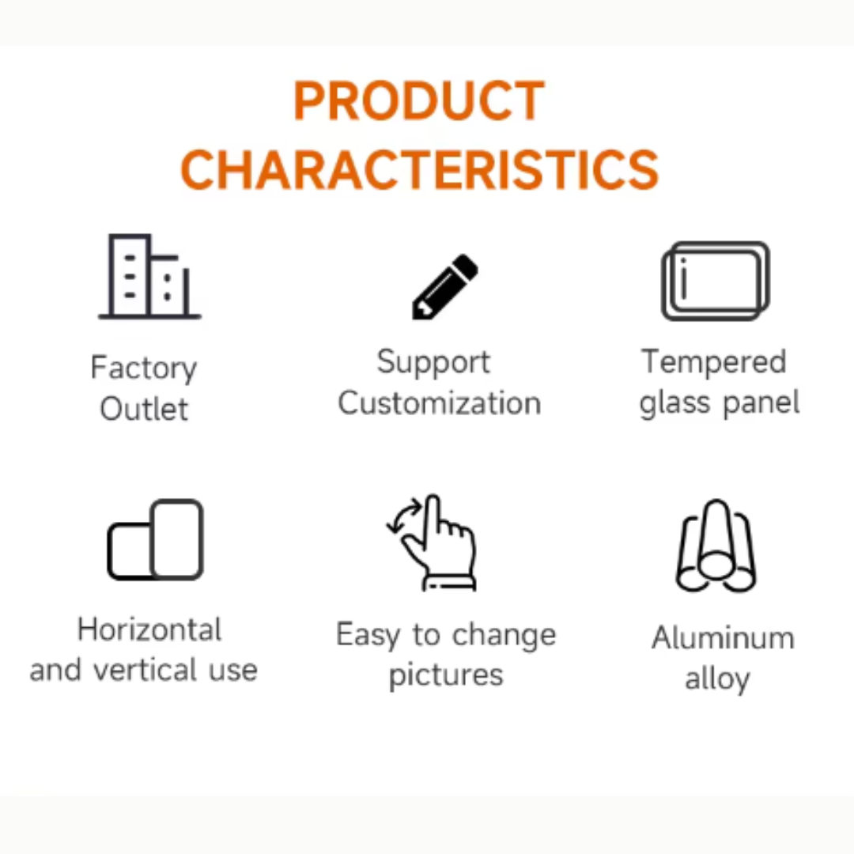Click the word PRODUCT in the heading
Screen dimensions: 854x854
419,100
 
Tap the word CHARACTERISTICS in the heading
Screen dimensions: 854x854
419,170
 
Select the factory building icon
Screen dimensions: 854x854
149,276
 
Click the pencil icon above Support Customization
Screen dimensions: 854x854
445,286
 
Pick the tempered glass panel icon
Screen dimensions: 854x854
715,281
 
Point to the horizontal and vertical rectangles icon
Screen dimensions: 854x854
155,540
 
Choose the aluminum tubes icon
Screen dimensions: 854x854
716,546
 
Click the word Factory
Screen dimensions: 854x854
144,368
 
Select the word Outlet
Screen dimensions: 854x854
144,409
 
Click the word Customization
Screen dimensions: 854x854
439,403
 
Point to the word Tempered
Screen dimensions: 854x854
714,362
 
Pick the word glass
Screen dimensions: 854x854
675,403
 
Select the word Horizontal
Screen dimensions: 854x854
149,629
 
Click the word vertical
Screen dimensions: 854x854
145,670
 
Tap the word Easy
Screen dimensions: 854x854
368,636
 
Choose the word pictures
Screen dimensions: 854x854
446,676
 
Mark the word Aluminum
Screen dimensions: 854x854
724,638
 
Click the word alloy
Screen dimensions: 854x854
717,679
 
